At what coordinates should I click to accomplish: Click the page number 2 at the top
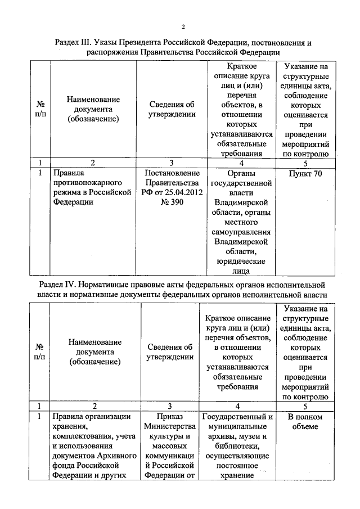(183, 26)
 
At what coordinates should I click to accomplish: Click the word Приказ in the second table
(172, 417)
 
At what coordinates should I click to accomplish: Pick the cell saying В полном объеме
(305, 422)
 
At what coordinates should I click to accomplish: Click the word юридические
(240, 262)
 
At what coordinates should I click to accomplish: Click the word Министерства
(172, 427)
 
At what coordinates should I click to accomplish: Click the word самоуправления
(240, 232)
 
